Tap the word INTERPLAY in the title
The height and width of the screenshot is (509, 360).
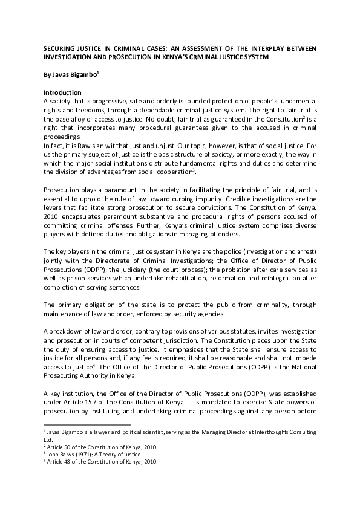click(x=269, y=48)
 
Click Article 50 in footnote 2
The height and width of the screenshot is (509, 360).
click(x=61, y=446)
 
